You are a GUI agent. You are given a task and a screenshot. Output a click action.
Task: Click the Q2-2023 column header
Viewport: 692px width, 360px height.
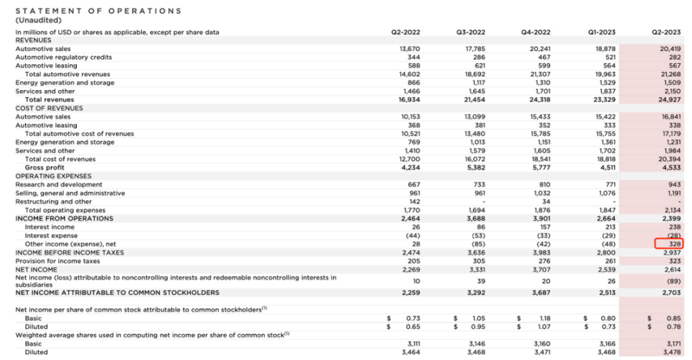tap(666, 32)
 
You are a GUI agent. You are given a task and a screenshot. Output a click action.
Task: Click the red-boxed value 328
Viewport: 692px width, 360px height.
tap(668, 244)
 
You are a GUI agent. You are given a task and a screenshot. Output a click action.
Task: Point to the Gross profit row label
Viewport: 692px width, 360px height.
tap(44, 168)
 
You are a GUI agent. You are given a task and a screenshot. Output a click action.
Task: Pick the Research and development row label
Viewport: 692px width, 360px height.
tap(59, 185)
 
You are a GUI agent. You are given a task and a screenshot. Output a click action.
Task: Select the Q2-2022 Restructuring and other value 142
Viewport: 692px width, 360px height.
tap(415, 201)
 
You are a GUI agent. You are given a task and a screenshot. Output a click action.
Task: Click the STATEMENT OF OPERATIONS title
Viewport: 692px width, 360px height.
tap(98, 11)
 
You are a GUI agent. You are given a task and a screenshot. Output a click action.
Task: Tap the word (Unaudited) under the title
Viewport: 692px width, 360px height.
tap(38, 20)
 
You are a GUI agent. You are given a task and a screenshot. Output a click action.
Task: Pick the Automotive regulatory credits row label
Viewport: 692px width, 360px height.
tap(64, 57)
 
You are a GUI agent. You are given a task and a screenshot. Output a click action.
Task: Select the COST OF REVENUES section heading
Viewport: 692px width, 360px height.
tap(49, 108)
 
